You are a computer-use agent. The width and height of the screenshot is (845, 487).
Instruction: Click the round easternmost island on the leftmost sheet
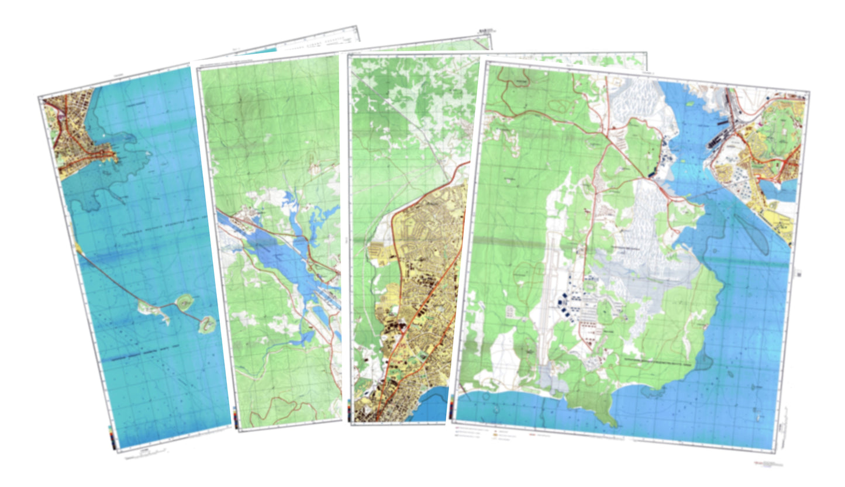[207, 324]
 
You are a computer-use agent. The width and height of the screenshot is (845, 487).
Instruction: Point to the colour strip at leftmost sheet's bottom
[112, 435]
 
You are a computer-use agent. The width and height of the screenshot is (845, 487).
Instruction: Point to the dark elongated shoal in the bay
[754, 234]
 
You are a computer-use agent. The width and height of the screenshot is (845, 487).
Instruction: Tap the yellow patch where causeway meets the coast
[78, 248]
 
